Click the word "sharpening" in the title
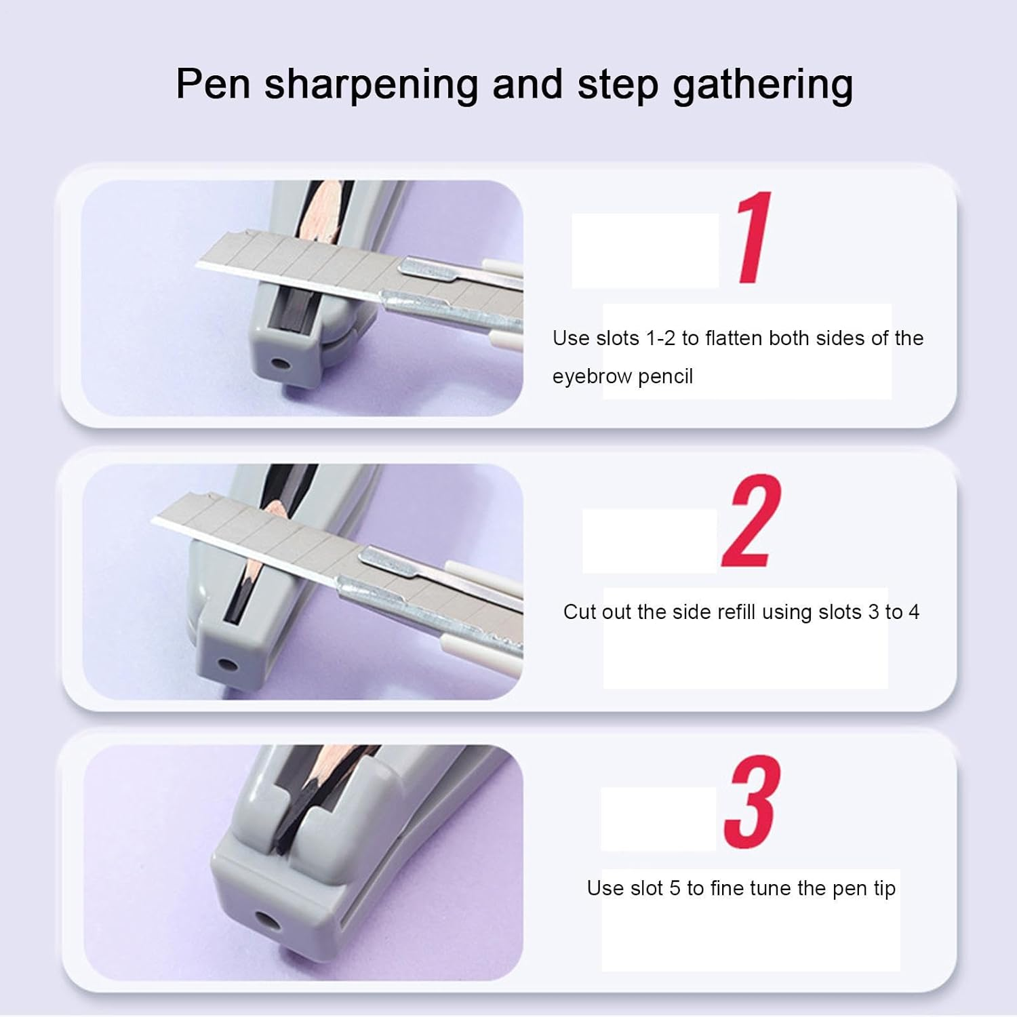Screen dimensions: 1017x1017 pyautogui.click(x=371, y=85)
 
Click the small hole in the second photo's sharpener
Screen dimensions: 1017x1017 pyautogui.click(x=231, y=664)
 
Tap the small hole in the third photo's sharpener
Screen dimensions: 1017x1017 pyautogui.click(x=265, y=922)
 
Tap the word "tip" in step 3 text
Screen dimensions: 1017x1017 pyautogui.click(x=883, y=888)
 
